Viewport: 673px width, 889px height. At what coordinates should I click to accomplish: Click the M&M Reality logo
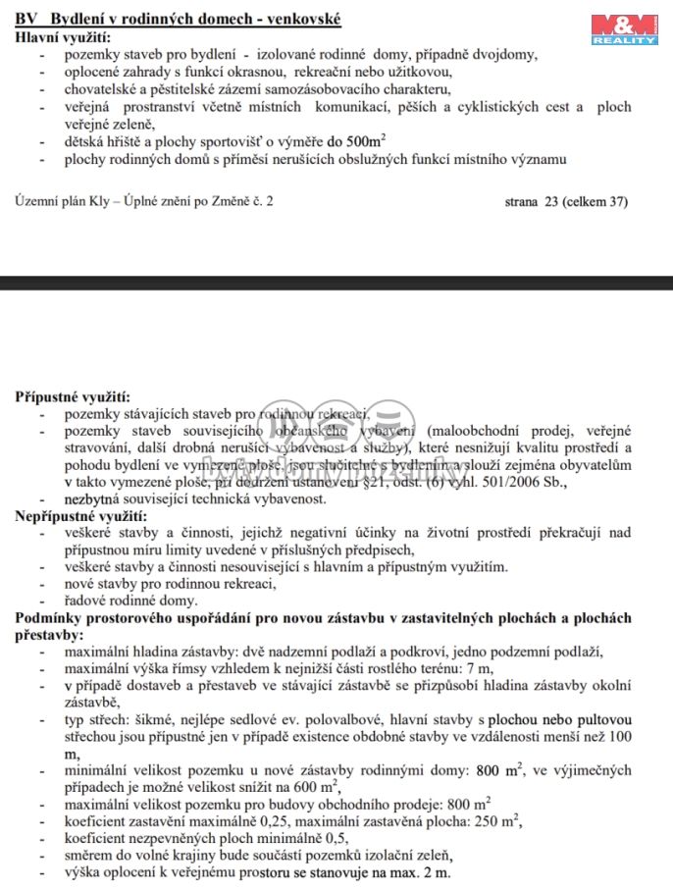[623, 29]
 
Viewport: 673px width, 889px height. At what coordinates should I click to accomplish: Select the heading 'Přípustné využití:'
[72, 397]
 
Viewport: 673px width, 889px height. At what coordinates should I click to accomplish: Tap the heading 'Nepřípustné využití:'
[80, 516]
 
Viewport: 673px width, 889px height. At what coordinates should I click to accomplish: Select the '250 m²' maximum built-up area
[512, 821]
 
